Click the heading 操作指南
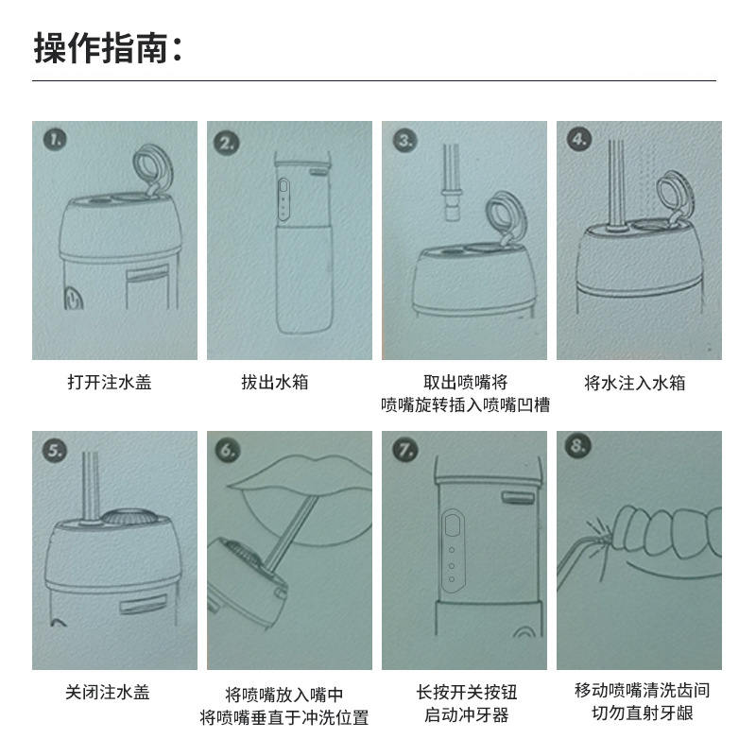(101, 48)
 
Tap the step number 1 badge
(55, 140)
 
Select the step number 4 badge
(579, 140)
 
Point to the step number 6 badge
(228, 451)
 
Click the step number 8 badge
(577, 445)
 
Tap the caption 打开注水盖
(110, 383)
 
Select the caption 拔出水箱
(275, 383)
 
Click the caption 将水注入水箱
(634, 383)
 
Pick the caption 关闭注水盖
(108, 693)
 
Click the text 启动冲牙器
(466, 714)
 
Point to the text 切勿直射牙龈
(643, 713)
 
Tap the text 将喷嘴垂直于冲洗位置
(284, 717)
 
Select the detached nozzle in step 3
(453, 182)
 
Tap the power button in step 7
(453, 524)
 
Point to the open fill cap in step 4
(677, 197)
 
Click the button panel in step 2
(283, 199)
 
